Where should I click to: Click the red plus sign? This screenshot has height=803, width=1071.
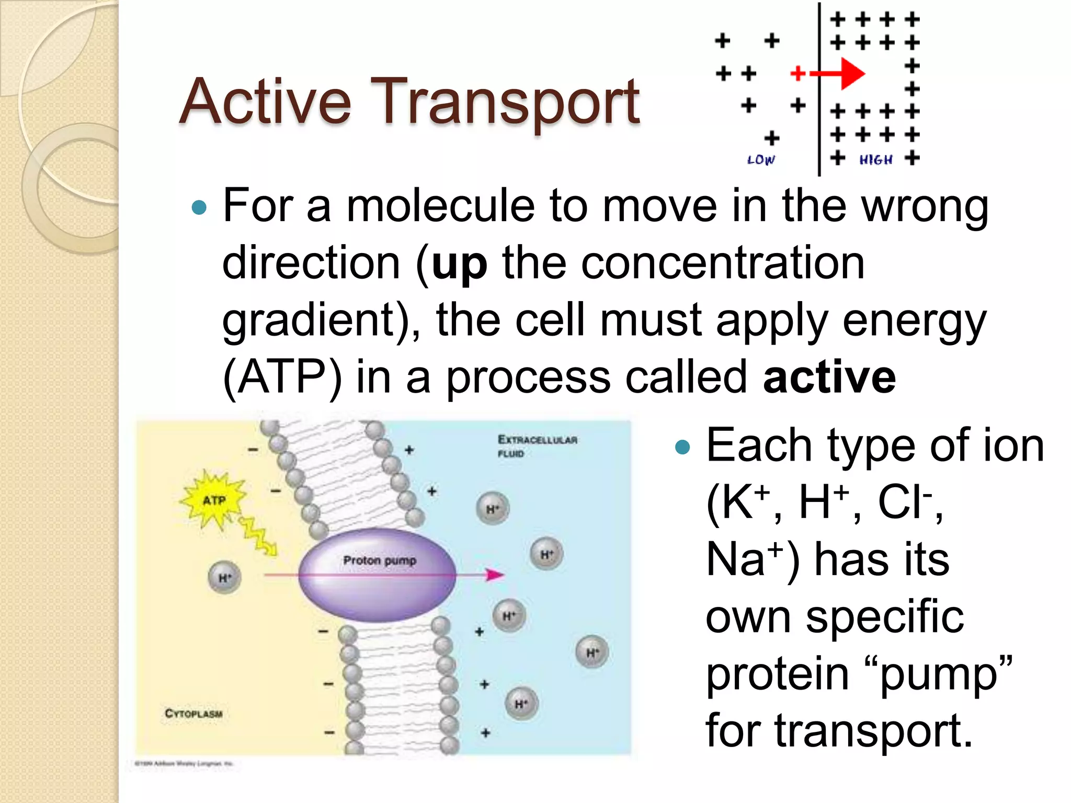click(x=797, y=74)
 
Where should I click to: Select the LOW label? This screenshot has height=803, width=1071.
click(x=761, y=160)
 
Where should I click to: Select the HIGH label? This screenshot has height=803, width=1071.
click(x=875, y=160)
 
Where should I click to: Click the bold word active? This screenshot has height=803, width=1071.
click(x=829, y=377)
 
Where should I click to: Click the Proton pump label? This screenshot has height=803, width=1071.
click(x=380, y=560)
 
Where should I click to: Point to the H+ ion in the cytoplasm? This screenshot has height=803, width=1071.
click(x=224, y=578)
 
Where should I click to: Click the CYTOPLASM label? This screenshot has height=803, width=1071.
click(x=193, y=714)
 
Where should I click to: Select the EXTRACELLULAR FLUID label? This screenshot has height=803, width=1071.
click(x=537, y=446)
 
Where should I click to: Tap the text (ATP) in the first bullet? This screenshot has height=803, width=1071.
click(x=282, y=377)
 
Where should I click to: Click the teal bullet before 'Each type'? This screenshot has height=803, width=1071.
click(x=682, y=447)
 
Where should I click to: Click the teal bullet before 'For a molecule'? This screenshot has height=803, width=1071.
click(x=199, y=208)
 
